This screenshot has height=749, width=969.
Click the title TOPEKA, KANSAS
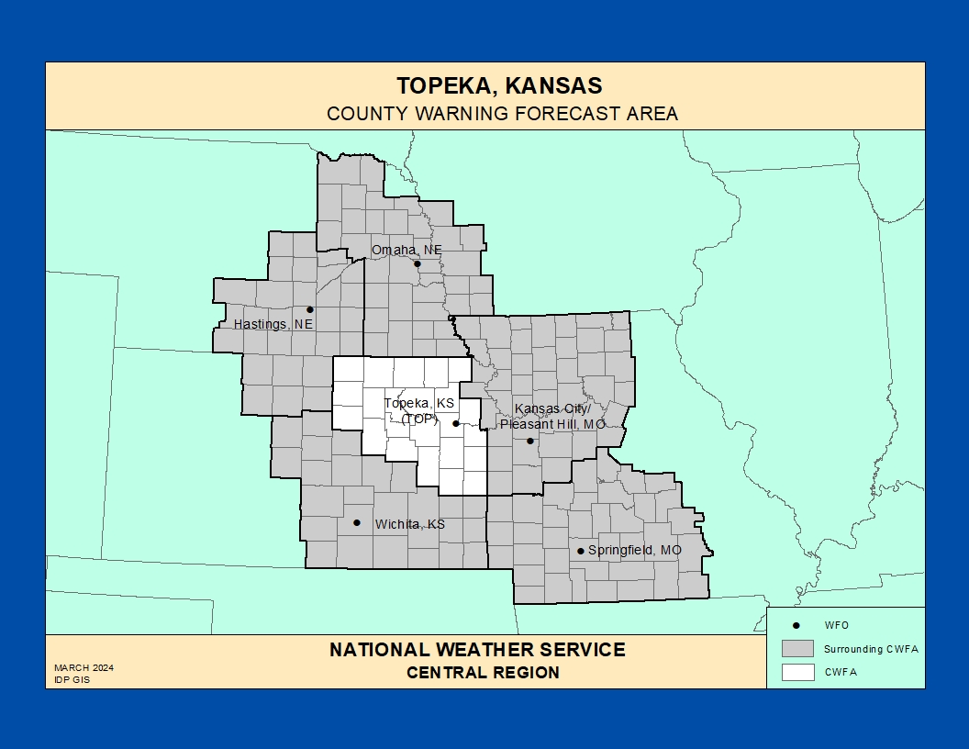(499, 85)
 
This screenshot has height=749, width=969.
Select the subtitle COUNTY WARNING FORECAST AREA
(502, 114)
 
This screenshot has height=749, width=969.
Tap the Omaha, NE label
(407, 250)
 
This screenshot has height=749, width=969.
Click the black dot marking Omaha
(417, 264)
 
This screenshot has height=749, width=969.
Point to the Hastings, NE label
(273, 324)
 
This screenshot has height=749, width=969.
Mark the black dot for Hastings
(310, 309)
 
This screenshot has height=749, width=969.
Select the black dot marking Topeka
(456, 423)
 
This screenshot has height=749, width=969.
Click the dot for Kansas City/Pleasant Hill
(529, 441)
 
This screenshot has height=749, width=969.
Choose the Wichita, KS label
(409, 524)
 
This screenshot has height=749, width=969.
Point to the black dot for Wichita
(357, 522)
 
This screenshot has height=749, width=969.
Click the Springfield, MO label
(634, 550)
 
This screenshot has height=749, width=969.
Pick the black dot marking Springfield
(580, 551)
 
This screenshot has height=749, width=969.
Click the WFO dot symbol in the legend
(796, 625)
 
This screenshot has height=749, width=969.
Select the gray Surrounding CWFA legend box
(797, 648)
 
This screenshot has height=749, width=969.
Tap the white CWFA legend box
(797, 671)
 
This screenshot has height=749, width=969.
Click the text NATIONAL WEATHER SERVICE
(477, 650)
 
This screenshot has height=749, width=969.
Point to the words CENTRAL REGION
(483, 672)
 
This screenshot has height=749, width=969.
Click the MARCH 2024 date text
(84, 667)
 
